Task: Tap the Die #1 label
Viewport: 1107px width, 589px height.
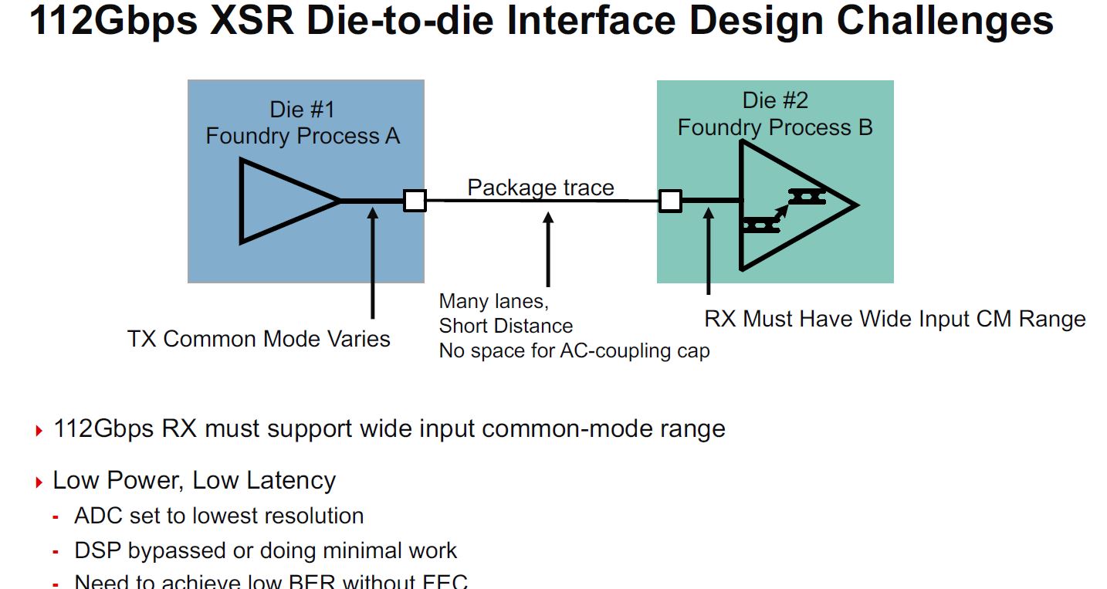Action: tap(302, 109)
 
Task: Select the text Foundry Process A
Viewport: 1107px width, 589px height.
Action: tap(302, 137)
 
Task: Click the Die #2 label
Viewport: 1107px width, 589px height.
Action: tap(775, 100)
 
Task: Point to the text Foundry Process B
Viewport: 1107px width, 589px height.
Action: tap(775, 127)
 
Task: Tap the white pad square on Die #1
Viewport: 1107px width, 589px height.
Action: tap(415, 201)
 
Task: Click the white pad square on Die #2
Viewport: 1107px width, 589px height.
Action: tap(670, 201)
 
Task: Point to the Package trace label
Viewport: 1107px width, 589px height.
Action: tap(540, 188)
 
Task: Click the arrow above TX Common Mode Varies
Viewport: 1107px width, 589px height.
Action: tap(373, 262)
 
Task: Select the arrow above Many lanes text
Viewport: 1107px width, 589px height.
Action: tap(548, 249)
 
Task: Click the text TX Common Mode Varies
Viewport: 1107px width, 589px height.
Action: tap(259, 338)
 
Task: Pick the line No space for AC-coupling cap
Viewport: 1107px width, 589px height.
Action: tap(574, 351)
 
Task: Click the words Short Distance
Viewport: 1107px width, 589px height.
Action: tap(506, 326)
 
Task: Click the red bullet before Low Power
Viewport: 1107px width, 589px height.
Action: tap(39, 483)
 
